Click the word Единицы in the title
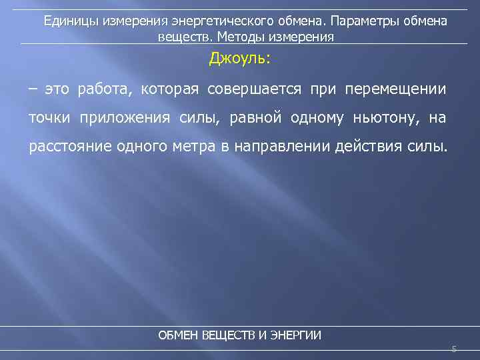coord(69,21)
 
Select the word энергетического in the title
coord(201,21)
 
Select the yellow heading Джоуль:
coord(240,59)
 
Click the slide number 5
coord(454,349)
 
